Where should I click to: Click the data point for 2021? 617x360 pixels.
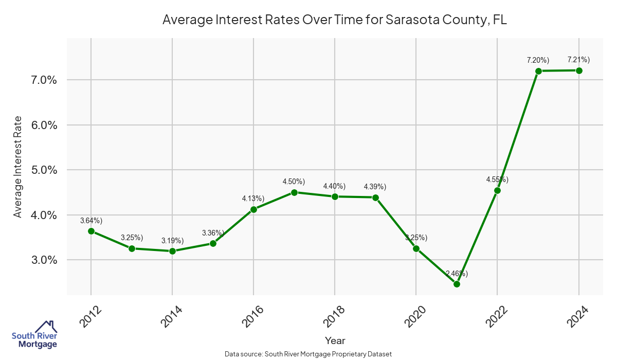pyautogui.click(x=457, y=284)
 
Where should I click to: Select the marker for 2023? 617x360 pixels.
pyautogui.click(x=538, y=71)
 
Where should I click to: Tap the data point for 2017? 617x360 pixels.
pyautogui.click(x=294, y=192)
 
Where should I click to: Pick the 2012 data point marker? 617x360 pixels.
pyautogui.click(x=91, y=231)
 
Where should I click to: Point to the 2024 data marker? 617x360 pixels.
pyautogui.click(x=579, y=70)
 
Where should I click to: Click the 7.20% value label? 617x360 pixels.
pyautogui.click(x=538, y=60)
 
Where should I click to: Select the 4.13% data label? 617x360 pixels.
pyautogui.click(x=253, y=199)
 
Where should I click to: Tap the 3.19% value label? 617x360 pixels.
pyautogui.click(x=172, y=240)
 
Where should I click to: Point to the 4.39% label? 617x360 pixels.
pyautogui.click(x=375, y=186)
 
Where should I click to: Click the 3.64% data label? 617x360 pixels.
pyautogui.click(x=91, y=221)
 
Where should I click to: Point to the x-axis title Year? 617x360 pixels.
pyautogui.click(x=335, y=340)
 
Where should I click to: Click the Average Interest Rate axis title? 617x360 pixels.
pyautogui.click(x=18, y=167)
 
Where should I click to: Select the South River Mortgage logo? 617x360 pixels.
pyautogui.click(x=34, y=335)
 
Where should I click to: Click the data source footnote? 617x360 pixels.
pyautogui.click(x=308, y=354)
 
